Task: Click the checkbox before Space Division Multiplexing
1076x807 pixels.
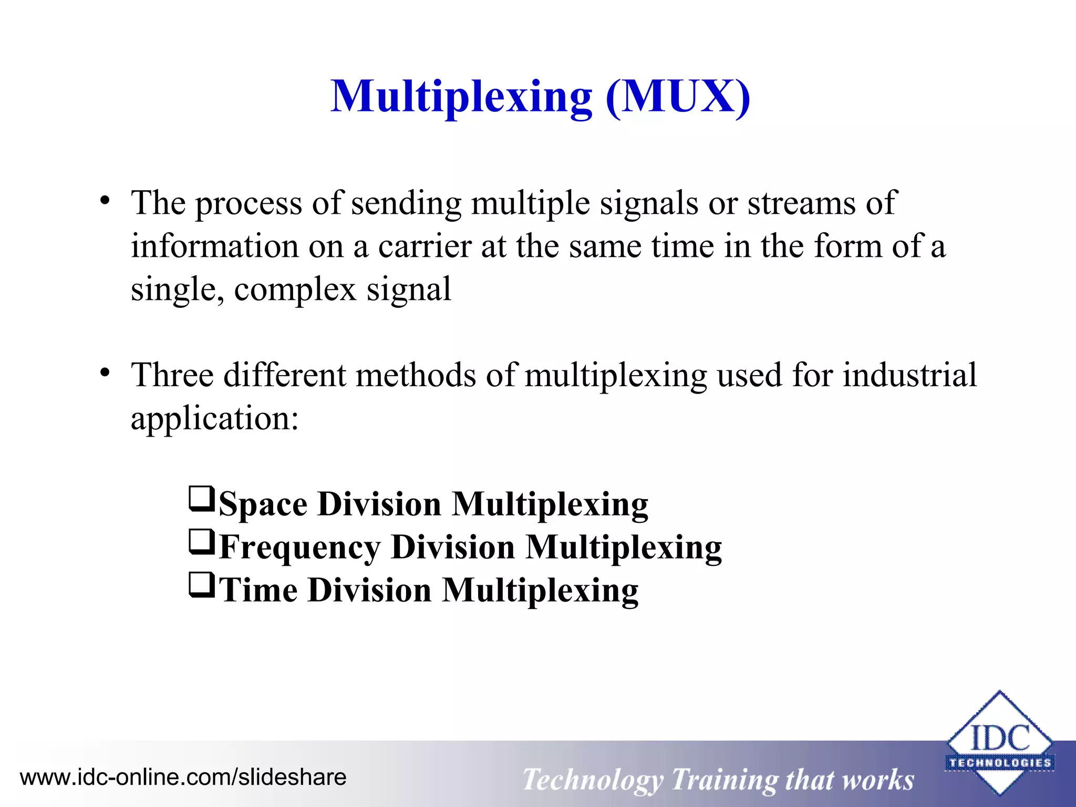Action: coord(202,500)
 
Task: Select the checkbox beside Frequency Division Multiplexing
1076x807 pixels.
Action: coord(202,543)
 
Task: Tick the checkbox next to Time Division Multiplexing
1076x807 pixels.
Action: coord(202,586)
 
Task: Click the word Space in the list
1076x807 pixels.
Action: coord(263,504)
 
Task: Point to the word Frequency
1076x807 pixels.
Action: coord(299,547)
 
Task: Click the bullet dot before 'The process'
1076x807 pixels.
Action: coord(106,201)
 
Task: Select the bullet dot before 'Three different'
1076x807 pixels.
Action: coord(106,373)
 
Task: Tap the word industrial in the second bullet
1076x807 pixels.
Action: coord(909,375)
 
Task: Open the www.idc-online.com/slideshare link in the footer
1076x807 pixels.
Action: coord(183,777)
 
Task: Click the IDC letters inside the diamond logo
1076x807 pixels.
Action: coord(1000,738)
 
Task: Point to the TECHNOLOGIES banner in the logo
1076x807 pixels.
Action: coord(1000,763)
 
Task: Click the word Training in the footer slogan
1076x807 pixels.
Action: coord(723,780)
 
